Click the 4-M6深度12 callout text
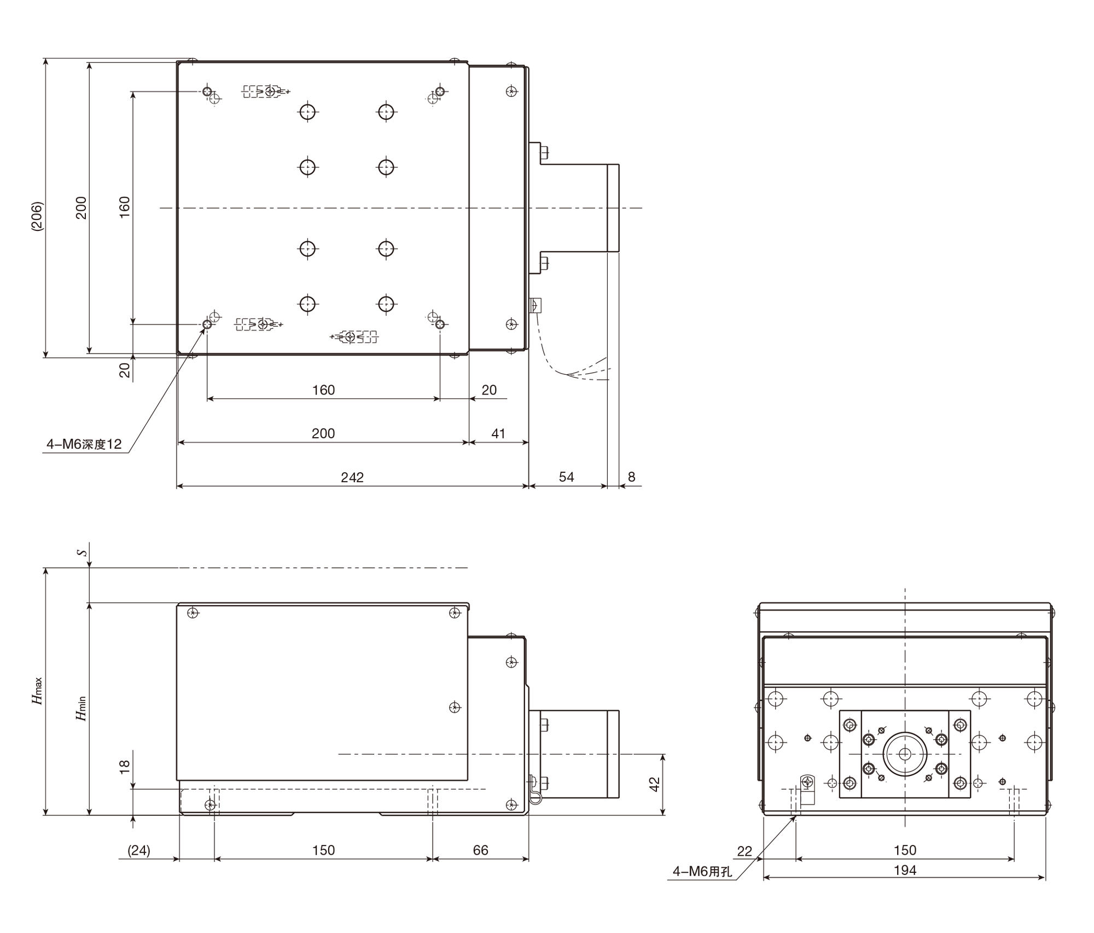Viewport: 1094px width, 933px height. (x=84, y=444)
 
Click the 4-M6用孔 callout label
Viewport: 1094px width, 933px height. (x=702, y=871)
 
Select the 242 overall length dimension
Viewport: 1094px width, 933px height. (x=352, y=478)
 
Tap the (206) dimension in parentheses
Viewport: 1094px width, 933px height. (x=37, y=217)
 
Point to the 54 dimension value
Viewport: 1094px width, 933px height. (x=567, y=477)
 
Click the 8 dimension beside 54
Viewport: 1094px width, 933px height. (x=631, y=477)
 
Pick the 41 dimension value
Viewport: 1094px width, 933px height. (x=498, y=434)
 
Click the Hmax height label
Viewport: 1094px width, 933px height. (x=37, y=691)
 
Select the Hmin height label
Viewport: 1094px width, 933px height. (x=81, y=708)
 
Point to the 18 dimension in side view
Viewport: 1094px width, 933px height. (x=125, y=766)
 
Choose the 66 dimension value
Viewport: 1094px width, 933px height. (x=480, y=850)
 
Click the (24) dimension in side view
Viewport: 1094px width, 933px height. (x=139, y=850)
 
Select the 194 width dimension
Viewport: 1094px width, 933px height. (x=905, y=870)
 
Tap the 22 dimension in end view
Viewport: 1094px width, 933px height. (x=744, y=851)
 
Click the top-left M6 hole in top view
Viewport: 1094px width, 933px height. (x=207, y=91)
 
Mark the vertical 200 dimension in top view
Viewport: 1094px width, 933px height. (x=81, y=208)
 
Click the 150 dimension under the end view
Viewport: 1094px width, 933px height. (x=905, y=850)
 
